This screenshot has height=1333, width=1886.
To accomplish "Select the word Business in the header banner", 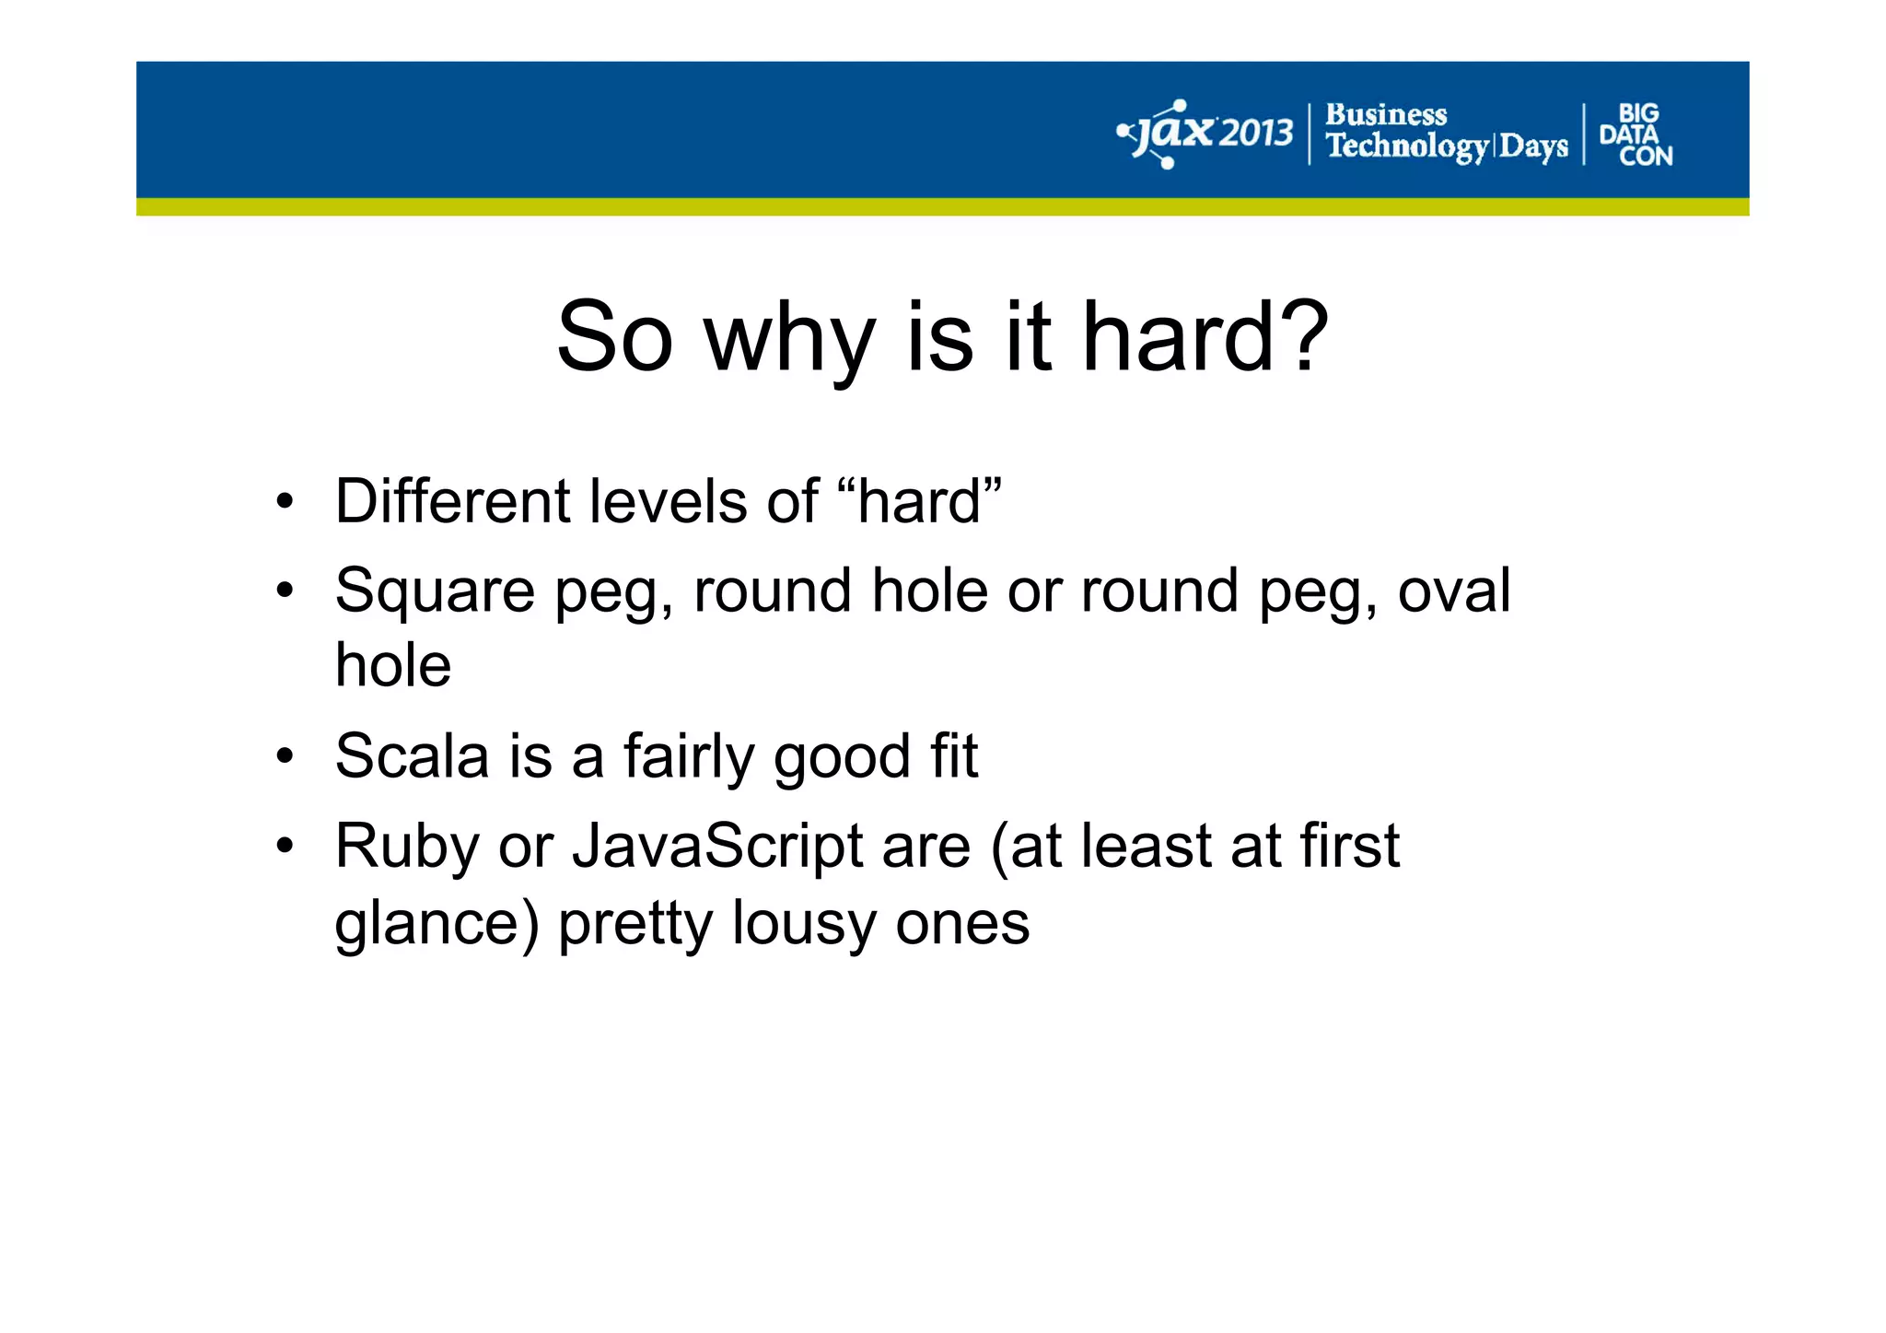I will [1386, 115].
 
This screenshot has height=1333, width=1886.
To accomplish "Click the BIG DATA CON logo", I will [1636, 135].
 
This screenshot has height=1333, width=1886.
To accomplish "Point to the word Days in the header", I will [1533, 146].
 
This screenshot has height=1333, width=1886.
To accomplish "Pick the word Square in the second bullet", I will [435, 592].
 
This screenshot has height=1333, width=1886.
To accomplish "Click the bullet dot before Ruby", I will [285, 846].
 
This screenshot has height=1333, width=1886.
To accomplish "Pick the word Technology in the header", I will [1407, 146].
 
